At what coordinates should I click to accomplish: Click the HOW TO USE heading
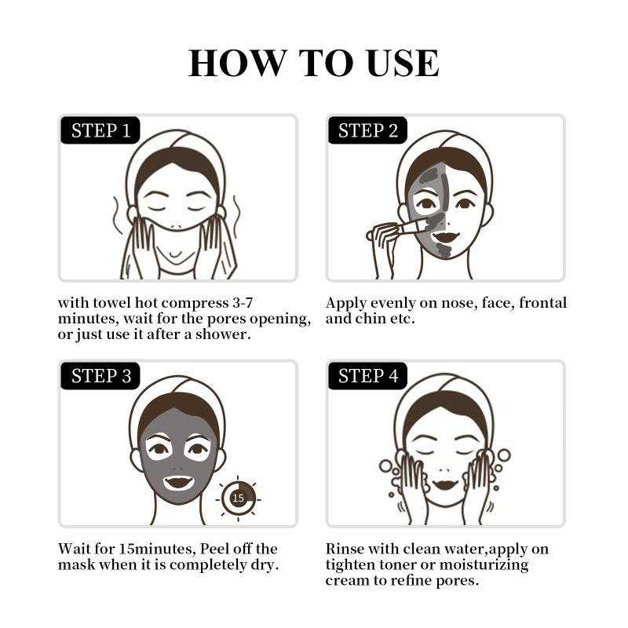coord(313,63)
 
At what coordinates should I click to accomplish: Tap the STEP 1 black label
coord(100,130)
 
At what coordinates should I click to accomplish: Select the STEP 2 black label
coord(367,130)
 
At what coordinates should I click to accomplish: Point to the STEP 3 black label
coord(100,376)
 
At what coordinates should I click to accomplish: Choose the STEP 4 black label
coord(367,376)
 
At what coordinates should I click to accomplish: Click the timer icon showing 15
coord(239,498)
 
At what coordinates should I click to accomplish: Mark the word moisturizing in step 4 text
coord(484,565)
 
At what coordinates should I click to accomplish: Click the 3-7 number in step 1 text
coord(242,303)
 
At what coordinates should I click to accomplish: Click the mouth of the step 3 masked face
coord(178,483)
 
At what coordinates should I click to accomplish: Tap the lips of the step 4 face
coord(445,484)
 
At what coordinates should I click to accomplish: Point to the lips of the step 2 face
coord(445,237)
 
